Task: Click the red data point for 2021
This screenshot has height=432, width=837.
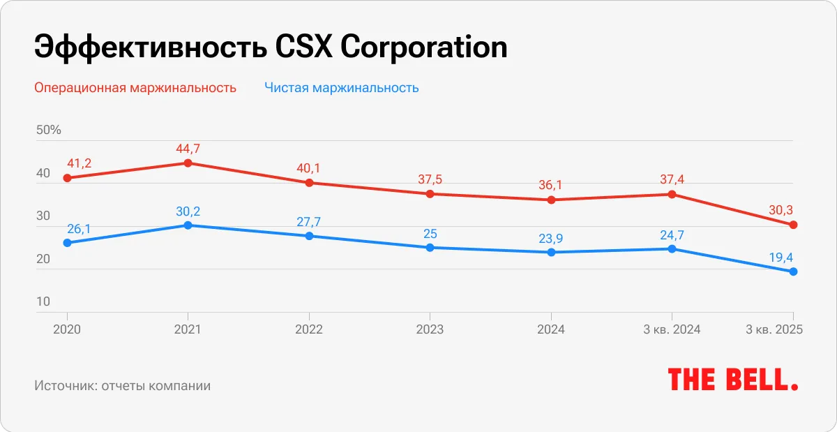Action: click(x=188, y=163)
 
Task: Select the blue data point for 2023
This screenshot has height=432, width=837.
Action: click(x=430, y=248)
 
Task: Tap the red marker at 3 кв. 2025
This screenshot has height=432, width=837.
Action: click(x=793, y=225)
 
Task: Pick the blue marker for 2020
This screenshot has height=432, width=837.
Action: click(x=67, y=243)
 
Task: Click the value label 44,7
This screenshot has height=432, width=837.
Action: click(x=188, y=148)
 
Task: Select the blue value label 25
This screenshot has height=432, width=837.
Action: click(x=430, y=232)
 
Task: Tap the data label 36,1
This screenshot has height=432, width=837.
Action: click(x=551, y=185)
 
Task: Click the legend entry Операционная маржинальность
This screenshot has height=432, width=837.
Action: click(x=135, y=88)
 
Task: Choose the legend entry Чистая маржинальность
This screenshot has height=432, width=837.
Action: click(x=341, y=88)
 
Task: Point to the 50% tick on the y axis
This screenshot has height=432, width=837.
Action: click(x=48, y=131)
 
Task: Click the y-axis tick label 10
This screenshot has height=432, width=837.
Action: click(x=43, y=301)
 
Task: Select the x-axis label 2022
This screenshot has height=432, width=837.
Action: click(x=309, y=330)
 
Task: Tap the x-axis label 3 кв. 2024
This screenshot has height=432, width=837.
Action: click(x=672, y=330)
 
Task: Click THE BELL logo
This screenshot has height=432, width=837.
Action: click(x=732, y=380)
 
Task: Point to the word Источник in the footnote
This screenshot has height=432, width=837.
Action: click(x=63, y=385)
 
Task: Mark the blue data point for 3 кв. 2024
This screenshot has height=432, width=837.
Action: click(x=672, y=249)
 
